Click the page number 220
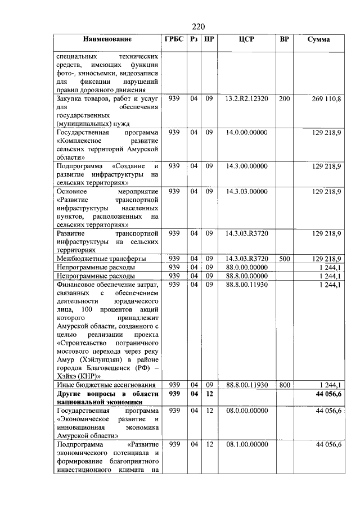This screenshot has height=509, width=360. point(197,26)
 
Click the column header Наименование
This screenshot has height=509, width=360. point(107,39)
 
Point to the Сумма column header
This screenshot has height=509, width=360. point(318,39)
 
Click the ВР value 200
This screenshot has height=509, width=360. point(284,99)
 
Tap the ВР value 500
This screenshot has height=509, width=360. point(284,258)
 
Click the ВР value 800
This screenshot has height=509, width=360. point(284,385)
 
